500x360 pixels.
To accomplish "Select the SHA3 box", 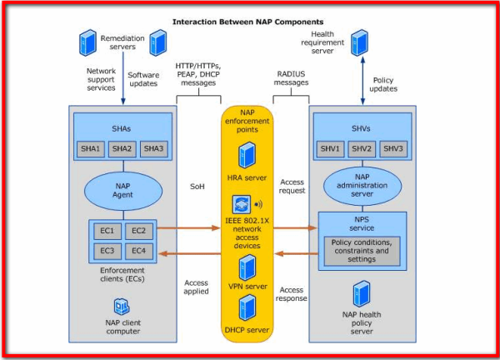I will coord(152,149).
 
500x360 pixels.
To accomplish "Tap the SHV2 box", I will coord(362,149).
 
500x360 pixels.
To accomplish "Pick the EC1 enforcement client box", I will coord(107,230).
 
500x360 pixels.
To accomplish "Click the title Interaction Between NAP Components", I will coord(248,22).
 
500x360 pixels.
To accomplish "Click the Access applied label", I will coord(197,287).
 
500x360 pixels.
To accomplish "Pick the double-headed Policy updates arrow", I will coord(360,83).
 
